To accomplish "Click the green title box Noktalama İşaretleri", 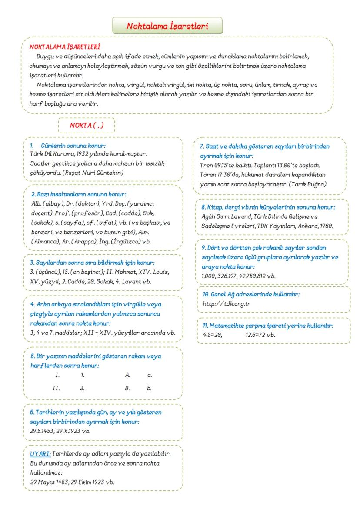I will point(167,26).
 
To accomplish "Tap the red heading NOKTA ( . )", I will point(86,126).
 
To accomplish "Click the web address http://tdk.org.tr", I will point(227,303).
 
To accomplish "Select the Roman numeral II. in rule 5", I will point(56,388).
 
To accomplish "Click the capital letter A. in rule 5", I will point(128,374).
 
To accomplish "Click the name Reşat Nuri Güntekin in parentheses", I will point(99,173).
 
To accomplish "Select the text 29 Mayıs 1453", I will point(44,482).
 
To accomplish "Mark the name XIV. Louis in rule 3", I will point(154,272).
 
